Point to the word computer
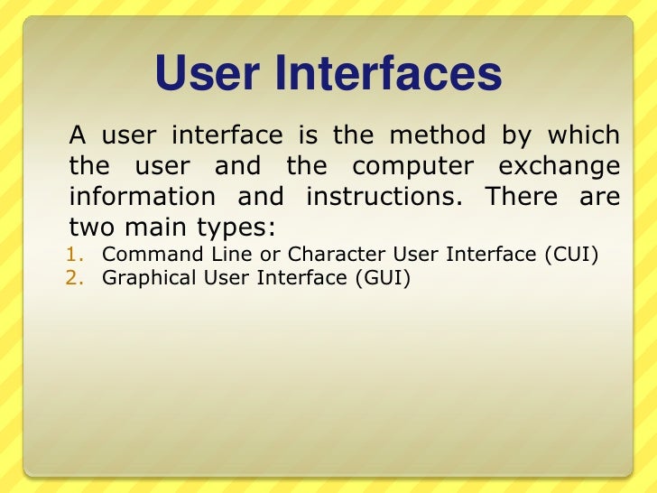point(413,167)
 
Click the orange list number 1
point(76,255)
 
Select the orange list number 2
point(76,278)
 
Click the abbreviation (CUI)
point(571,255)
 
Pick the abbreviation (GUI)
point(382,278)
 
